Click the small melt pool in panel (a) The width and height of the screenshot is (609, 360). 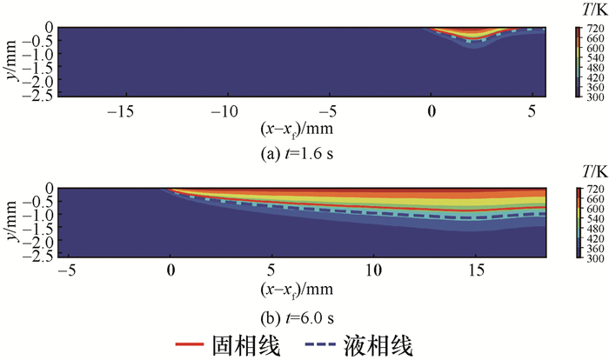tap(471, 37)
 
